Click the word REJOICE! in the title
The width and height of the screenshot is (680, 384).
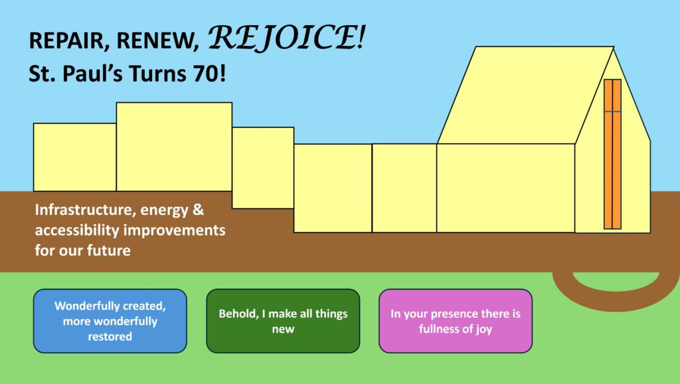pos(287,37)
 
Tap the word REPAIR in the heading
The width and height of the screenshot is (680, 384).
pos(66,40)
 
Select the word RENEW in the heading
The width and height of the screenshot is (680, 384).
pos(157,40)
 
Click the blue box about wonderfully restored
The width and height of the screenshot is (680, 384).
pos(110,321)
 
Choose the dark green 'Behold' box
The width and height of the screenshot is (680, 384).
pos(283,321)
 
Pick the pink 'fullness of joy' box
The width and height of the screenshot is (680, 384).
pos(456,321)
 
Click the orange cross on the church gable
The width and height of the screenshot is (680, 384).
pos(612,154)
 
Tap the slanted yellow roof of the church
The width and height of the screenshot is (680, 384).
pos(526,96)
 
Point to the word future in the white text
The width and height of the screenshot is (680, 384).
pos(109,250)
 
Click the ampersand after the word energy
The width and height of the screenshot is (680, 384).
pos(198,210)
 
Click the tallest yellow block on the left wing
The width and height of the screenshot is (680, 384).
pos(175,147)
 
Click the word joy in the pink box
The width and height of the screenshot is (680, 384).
pos(484,330)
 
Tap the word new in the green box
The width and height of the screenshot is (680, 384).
pos(283,329)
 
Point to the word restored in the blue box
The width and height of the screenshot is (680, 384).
pos(110,336)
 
